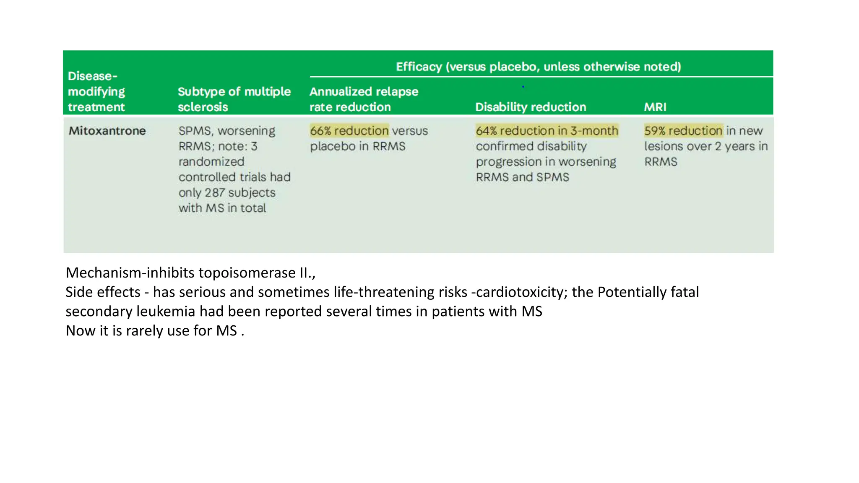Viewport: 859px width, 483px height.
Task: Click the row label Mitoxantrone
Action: [107, 131]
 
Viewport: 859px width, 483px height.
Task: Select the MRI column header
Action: [655, 107]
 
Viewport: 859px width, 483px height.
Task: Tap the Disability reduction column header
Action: [530, 107]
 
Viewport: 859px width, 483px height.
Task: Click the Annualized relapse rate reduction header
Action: [363, 99]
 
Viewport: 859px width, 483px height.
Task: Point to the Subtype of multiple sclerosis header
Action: [234, 99]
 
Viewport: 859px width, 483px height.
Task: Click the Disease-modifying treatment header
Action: [96, 91]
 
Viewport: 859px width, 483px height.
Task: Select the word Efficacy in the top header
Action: [419, 67]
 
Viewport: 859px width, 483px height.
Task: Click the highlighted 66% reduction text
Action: [349, 131]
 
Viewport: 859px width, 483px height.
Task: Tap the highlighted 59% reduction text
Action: [683, 131]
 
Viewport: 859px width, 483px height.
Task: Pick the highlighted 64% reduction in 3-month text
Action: [547, 131]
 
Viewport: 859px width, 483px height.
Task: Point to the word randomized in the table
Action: [211, 161]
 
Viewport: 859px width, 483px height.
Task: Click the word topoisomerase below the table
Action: [247, 273]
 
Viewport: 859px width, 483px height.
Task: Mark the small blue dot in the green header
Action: [523, 87]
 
